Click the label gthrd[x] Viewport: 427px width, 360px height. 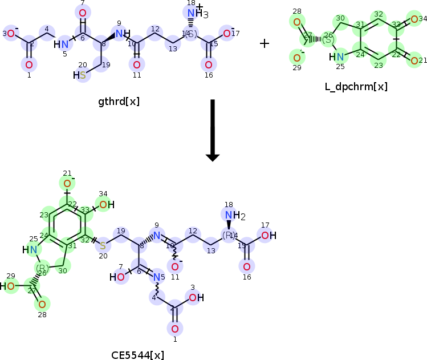pyautogui.click(x=119, y=102)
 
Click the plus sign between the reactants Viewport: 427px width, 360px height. pyautogui.click(x=265, y=43)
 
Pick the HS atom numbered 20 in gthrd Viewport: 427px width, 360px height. pyautogui.click(x=81, y=75)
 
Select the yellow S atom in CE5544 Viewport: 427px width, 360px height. pyautogui.click(x=103, y=245)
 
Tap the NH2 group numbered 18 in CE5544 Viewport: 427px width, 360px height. pyautogui.click(x=232, y=216)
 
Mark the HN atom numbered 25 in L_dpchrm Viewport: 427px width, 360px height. pyautogui.click(x=337, y=56)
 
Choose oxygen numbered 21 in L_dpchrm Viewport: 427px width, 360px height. pyautogui.click(x=414, y=60)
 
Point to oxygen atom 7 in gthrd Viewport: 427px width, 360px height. pyautogui.click(x=83, y=13)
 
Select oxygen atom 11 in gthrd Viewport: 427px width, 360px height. pyautogui.click(x=136, y=64)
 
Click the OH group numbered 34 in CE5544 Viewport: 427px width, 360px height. pyautogui.click(x=105, y=205)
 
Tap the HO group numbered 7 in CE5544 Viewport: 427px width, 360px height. pyautogui.click(x=118, y=277)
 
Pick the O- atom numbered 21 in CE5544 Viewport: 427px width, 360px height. pyautogui.click(x=67, y=183)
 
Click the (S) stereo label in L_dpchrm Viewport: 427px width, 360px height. pyautogui.click(x=328, y=40)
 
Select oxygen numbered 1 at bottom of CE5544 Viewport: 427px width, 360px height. pyautogui.click(x=175, y=329)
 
